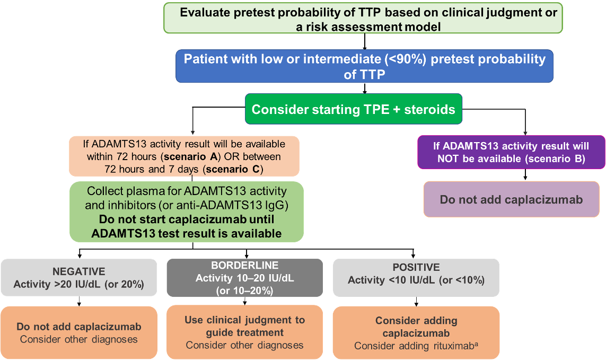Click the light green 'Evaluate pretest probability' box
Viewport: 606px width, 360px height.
(363, 19)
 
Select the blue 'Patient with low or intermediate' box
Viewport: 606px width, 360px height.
(364, 66)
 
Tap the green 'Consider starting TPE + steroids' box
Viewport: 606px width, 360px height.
(353, 110)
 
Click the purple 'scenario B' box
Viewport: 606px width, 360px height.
(511, 152)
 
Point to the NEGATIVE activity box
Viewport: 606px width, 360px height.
(79, 277)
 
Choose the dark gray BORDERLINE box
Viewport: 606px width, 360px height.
(244, 277)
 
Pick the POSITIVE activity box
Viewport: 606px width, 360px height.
(416, 277)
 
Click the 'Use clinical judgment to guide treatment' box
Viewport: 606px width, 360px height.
(244, 332)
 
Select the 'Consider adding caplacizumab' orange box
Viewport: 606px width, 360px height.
(416, 332)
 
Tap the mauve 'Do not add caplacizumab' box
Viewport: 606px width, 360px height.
(511, 199)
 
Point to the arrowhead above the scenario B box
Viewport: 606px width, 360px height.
(525, 133)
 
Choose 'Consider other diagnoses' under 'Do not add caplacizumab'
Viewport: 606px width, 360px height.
(79, 339)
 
